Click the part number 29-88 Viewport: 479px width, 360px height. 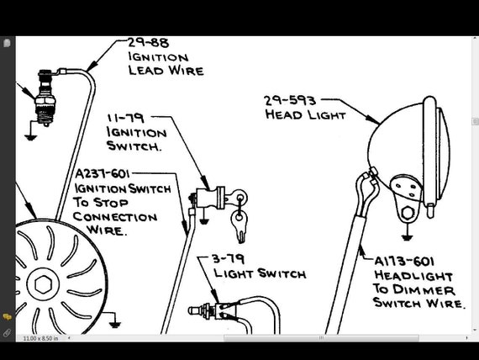click(x=149, y=43)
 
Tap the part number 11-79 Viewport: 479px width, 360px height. click(x=125, y=119)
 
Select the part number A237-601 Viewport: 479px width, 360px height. click(x=103, y=174)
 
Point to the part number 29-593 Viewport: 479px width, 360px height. click(x=290, y=101)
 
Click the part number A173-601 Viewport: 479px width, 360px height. click(x=404, y=262)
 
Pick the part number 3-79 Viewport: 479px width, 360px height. click(x=229, y=259)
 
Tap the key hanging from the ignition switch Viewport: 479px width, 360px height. click(x=239, y=225)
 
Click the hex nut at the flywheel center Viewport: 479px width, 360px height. click(x=43, y=284)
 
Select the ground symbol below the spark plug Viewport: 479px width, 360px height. click(x=31, y=137)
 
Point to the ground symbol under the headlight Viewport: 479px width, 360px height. click(x=406, y=237)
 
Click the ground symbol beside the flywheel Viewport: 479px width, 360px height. click(x=114, y=324)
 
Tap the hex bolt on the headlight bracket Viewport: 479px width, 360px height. click(x=408, y=213)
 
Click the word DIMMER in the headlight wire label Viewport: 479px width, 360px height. click(x=424, y=290)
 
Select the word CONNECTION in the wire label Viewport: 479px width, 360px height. click(x=115, y=217)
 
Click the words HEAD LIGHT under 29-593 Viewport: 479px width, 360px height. click(x=305, y=115)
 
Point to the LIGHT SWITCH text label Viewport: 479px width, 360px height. click(x=260, y=273)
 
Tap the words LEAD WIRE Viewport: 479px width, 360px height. click(x=166, y=71)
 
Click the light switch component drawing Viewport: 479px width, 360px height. click(x=213, y=310)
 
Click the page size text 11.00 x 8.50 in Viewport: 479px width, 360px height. click(x=40, y=338)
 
